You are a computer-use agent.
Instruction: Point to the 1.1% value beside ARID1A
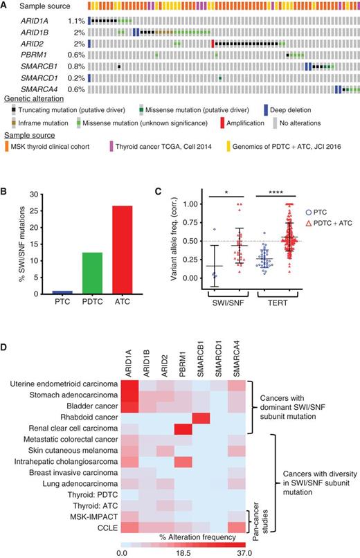coord(77,21)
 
